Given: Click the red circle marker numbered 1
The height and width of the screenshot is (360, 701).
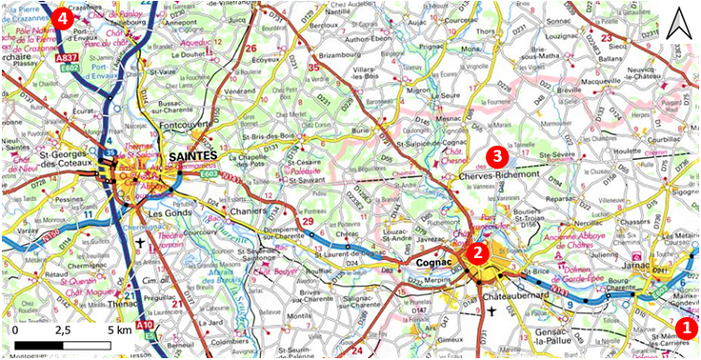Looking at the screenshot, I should (685, 327).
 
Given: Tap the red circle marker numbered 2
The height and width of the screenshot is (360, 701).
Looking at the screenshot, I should (478, 251).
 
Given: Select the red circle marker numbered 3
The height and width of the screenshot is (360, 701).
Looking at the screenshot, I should (497, 155).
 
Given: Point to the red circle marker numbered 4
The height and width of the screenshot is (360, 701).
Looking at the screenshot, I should (64, 17).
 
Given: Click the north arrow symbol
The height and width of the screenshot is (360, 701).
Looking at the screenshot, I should (675, 19).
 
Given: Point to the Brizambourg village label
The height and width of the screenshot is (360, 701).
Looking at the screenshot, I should (341, 54).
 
